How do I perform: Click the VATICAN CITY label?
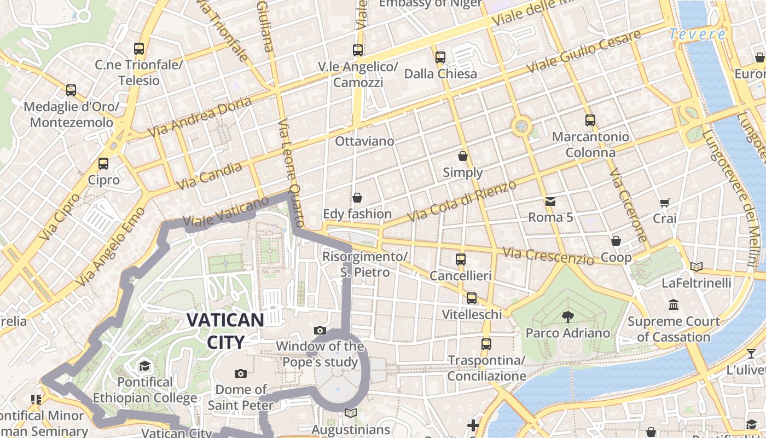(x=225, y=331)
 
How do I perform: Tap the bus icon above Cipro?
(x=103, y=163)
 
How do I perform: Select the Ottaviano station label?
(x=364, y=141)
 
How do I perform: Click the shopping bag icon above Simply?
(x=463, y=156)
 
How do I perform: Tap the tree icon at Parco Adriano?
(x=567, y=316)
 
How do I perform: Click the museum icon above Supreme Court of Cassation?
(x=674, y=304)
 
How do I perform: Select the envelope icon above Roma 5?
(x=550, y=201)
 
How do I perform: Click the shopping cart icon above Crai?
(x=665, y=203)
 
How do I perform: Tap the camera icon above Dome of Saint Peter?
(x=240, y=373)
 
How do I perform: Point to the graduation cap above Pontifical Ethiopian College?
(x=144, y=366)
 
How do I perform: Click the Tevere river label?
(x=698, y=34)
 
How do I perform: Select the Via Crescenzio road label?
(x=548, y=256)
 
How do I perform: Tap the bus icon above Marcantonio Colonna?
(x=590, y=120)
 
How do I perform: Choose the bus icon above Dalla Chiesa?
(x=440, y=57)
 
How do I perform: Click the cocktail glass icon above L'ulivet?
(x=751, y=354)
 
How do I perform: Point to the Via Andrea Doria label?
(x=200, y=117)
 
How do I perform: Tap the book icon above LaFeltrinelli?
(x=696, y=267)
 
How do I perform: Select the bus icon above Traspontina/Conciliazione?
(x=486, y=344)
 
